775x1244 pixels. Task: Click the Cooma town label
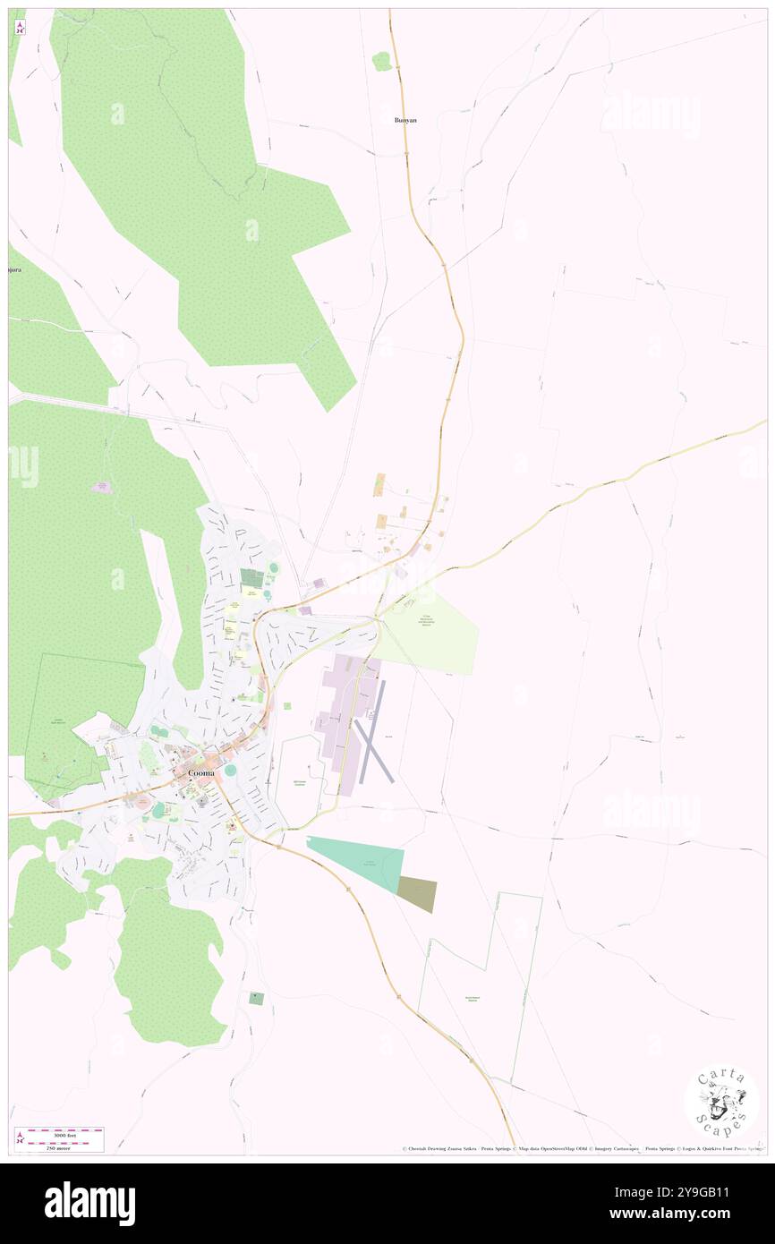[200, 772]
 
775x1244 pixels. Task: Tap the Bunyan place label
[406, 119]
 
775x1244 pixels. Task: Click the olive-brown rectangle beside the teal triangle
[417, 894]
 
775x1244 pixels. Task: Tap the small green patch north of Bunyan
[382, 61]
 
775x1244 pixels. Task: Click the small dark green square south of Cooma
[257, 998]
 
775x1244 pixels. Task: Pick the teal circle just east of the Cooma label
[230, 770]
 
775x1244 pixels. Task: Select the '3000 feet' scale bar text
[58, 1135]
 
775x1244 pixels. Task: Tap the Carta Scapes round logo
[721, 1100]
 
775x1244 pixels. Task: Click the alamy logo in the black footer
[89, 1203]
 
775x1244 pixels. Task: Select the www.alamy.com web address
[688, 1214]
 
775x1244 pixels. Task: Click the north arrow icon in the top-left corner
[20, 26]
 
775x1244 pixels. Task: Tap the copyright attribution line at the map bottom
[582, 1148]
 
